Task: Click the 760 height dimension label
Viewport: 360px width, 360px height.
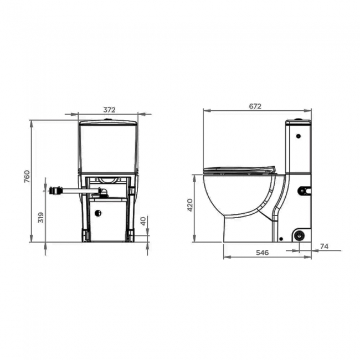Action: tap(26, 177)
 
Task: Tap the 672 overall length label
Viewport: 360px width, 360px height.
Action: tap(255, 106)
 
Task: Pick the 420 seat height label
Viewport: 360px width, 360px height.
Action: tap(191, 205)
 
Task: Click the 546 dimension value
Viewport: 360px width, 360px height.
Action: tap(262, 253)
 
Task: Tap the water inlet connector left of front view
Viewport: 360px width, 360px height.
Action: tap(54, 191)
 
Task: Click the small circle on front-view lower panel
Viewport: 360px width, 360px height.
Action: tap(99, 213)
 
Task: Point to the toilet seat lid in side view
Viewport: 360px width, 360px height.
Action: tap(239, 169)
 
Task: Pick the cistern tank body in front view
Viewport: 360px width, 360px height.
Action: tap(108, 147)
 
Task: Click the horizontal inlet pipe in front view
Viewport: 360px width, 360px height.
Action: tap(78, 191)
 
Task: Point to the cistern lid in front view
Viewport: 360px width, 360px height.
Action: tap(108, 122)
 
